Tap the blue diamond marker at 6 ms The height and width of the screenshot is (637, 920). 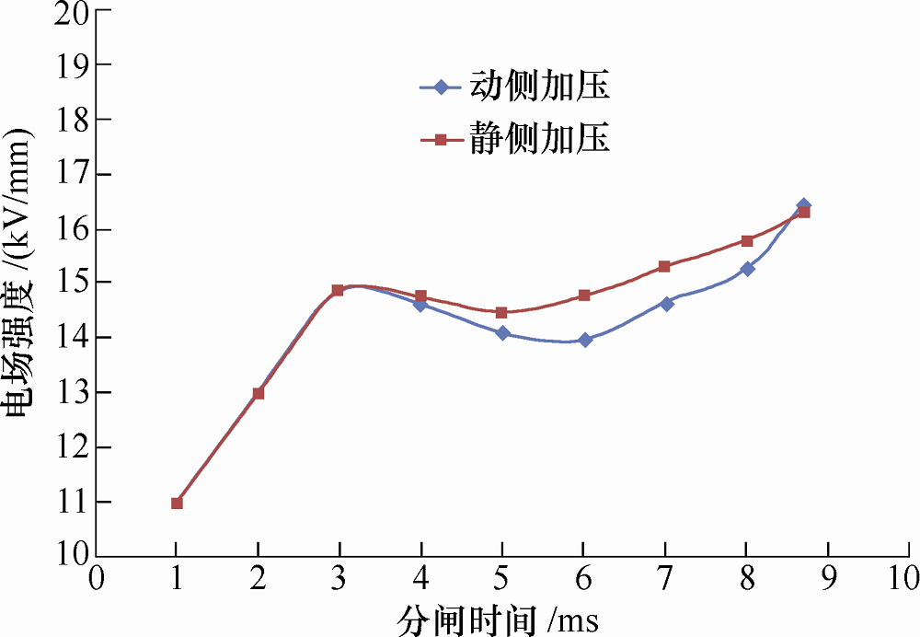tap(585, 340)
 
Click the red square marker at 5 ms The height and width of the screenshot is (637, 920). tap(502, 313)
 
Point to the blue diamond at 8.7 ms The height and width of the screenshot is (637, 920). tap(803, 205)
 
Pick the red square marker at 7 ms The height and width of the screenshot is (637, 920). tap(665, 267)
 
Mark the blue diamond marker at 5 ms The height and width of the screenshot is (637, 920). tap(502, 333)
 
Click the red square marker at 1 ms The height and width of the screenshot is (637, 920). tap(177, 503)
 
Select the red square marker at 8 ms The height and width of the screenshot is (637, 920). tap(747, 241)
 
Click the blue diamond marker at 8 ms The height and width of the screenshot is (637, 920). tap(747, 269)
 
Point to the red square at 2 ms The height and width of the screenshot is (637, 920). tap(259, 393)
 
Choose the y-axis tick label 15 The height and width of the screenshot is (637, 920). tap(67, 284)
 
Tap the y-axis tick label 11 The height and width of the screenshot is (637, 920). tap(67, 503)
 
